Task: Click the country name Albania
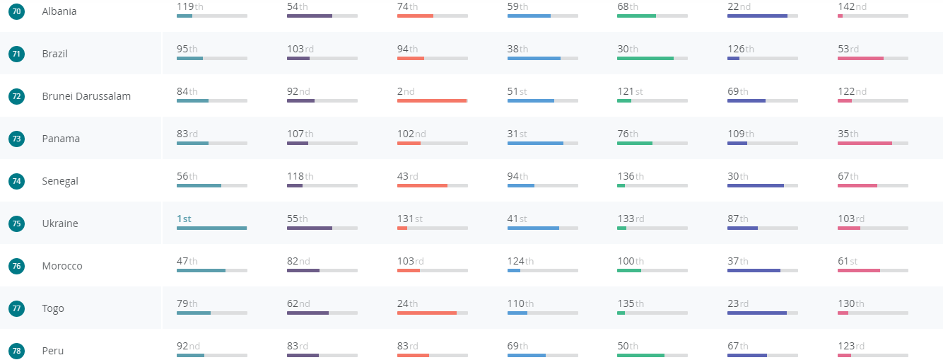[x=59, y=11]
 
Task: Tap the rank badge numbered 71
[x=16, y=54]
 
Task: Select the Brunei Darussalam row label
[x=86, y=96]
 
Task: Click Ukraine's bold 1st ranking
[x=184, y=219]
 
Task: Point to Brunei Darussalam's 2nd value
[x=406, y=91]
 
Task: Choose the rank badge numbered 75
[x=16, y=223]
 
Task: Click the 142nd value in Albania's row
[x=852, y=6]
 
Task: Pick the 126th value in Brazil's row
[x=740, y=49]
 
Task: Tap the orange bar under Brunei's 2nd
[x=432, y=100]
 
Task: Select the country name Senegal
[x=60, y=181]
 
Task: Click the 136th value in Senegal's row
[x=630, y=176]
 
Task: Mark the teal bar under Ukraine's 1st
[x=211, y=228]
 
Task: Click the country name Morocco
[x=62, y=266]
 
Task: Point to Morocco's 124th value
[x=520, y=261]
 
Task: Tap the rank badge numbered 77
[x=16, y=308]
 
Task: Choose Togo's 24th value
[x=407, y=303]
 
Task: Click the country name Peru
[x=53, y=351]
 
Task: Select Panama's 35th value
[x=848, y=134]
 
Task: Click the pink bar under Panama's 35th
[x=865, y=143]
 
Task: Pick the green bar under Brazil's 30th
[x=645, y=58]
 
